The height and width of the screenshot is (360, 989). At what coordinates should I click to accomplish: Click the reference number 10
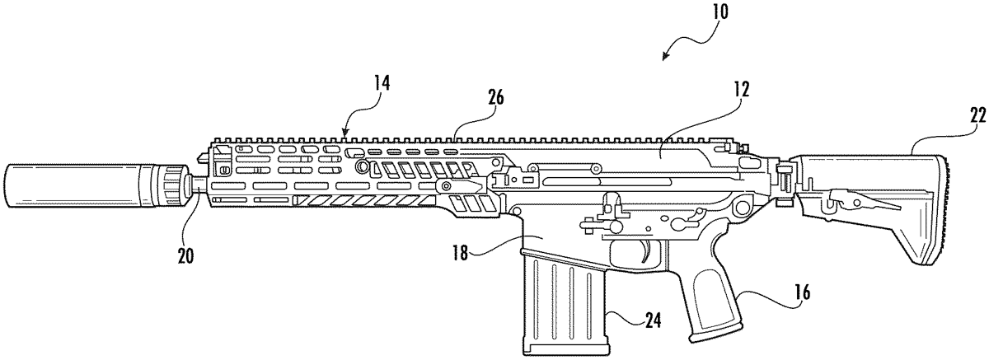(x=719, y=12)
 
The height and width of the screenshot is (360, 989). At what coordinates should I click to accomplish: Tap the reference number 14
(x=382, y=82)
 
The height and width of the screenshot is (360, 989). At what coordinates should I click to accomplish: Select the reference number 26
(x=495, y=97)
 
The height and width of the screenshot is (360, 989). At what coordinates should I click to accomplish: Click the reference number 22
(x=978, y=116)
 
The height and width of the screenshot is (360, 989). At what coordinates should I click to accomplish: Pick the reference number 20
(x=186, y=256)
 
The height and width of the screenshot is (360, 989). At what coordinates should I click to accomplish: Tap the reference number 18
(x=460, y=254)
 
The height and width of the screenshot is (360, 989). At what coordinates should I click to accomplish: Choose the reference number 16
(x=801, y=292)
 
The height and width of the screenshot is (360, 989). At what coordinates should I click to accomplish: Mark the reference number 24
(x=653, y=320)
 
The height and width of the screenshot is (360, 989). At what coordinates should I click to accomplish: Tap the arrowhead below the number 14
(x=345, y=133)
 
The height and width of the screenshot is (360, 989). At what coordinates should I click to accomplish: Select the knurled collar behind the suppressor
(x=171, y=185)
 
